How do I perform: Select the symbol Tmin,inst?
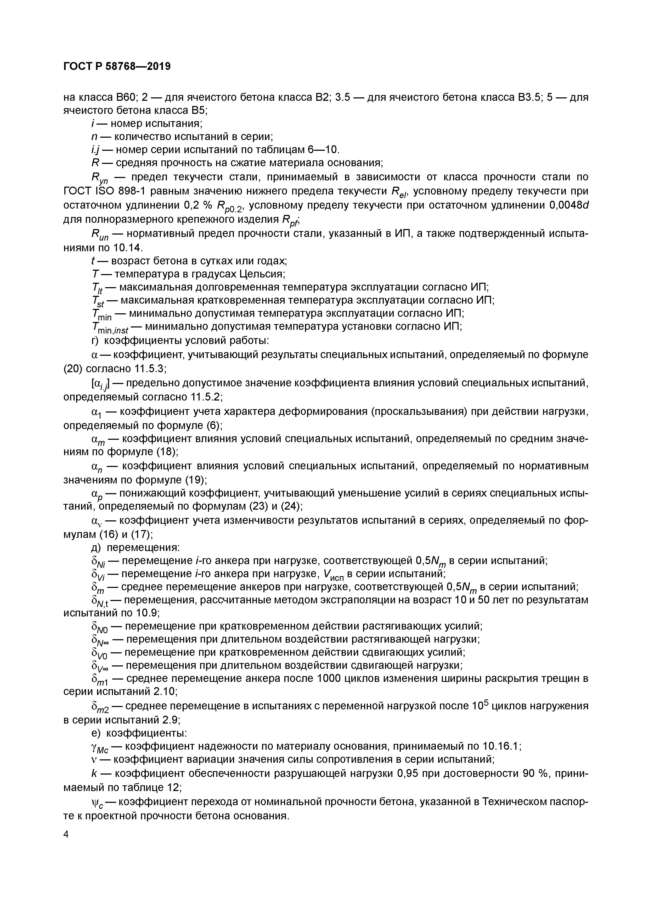pos(110,327)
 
